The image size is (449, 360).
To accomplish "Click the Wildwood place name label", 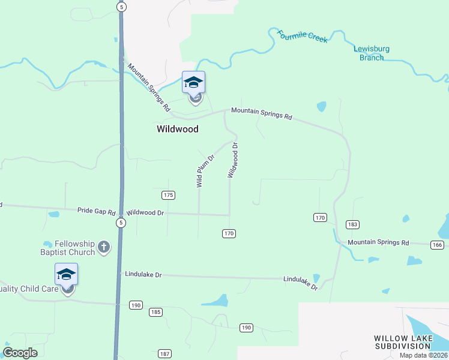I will pos(177,129).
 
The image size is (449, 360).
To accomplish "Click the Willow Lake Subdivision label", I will pos(403,343).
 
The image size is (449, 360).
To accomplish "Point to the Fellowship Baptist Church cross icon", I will pos(104,247).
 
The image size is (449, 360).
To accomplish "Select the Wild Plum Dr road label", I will pos(206,171).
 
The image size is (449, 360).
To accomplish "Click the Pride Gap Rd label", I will pos(96,211).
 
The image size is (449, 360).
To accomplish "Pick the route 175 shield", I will pos(168,195).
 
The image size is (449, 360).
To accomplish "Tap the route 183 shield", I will pos(352,224).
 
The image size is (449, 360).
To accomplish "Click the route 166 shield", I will pos(437,245).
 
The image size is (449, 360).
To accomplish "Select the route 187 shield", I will pos(165,354).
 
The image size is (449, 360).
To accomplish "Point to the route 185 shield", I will pos(156,312).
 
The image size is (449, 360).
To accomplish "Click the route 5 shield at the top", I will pos(122,7).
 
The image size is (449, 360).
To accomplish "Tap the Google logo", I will pos(20,353).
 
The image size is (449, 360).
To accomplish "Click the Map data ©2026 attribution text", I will pos(423,355).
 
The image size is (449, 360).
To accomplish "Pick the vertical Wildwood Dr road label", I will pos(233,161).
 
